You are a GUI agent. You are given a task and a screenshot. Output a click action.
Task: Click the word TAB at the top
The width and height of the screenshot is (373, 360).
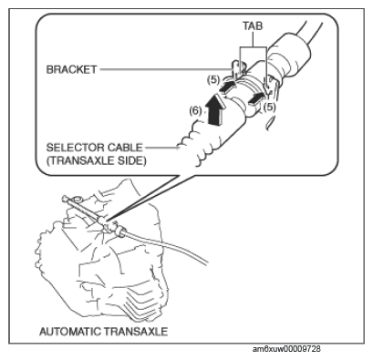[253, 26]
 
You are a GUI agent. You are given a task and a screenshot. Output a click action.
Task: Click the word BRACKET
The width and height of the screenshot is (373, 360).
[72, 69]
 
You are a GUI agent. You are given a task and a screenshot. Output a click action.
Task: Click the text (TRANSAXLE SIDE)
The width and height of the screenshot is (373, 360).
[96, 160]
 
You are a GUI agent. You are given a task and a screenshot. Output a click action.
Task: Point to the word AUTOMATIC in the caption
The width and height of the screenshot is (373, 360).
[70, 331]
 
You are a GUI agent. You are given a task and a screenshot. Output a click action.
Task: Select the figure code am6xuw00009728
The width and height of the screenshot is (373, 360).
[286, 349]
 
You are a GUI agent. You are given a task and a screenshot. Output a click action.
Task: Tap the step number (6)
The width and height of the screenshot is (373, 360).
[195, 111]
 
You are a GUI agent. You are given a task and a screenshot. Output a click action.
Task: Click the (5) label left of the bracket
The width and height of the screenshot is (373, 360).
[213, 80]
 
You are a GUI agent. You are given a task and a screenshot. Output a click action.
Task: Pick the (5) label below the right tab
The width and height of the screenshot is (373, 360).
[269, 107]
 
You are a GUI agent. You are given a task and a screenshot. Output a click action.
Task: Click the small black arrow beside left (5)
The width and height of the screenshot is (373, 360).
[227, 87]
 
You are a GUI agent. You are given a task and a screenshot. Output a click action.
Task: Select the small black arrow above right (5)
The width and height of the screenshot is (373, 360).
[256, 99]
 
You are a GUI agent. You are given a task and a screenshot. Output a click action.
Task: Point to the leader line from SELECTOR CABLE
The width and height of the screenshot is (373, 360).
[162, 148]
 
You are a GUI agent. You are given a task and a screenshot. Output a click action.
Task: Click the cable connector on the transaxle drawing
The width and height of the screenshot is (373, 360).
[110, 226]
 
